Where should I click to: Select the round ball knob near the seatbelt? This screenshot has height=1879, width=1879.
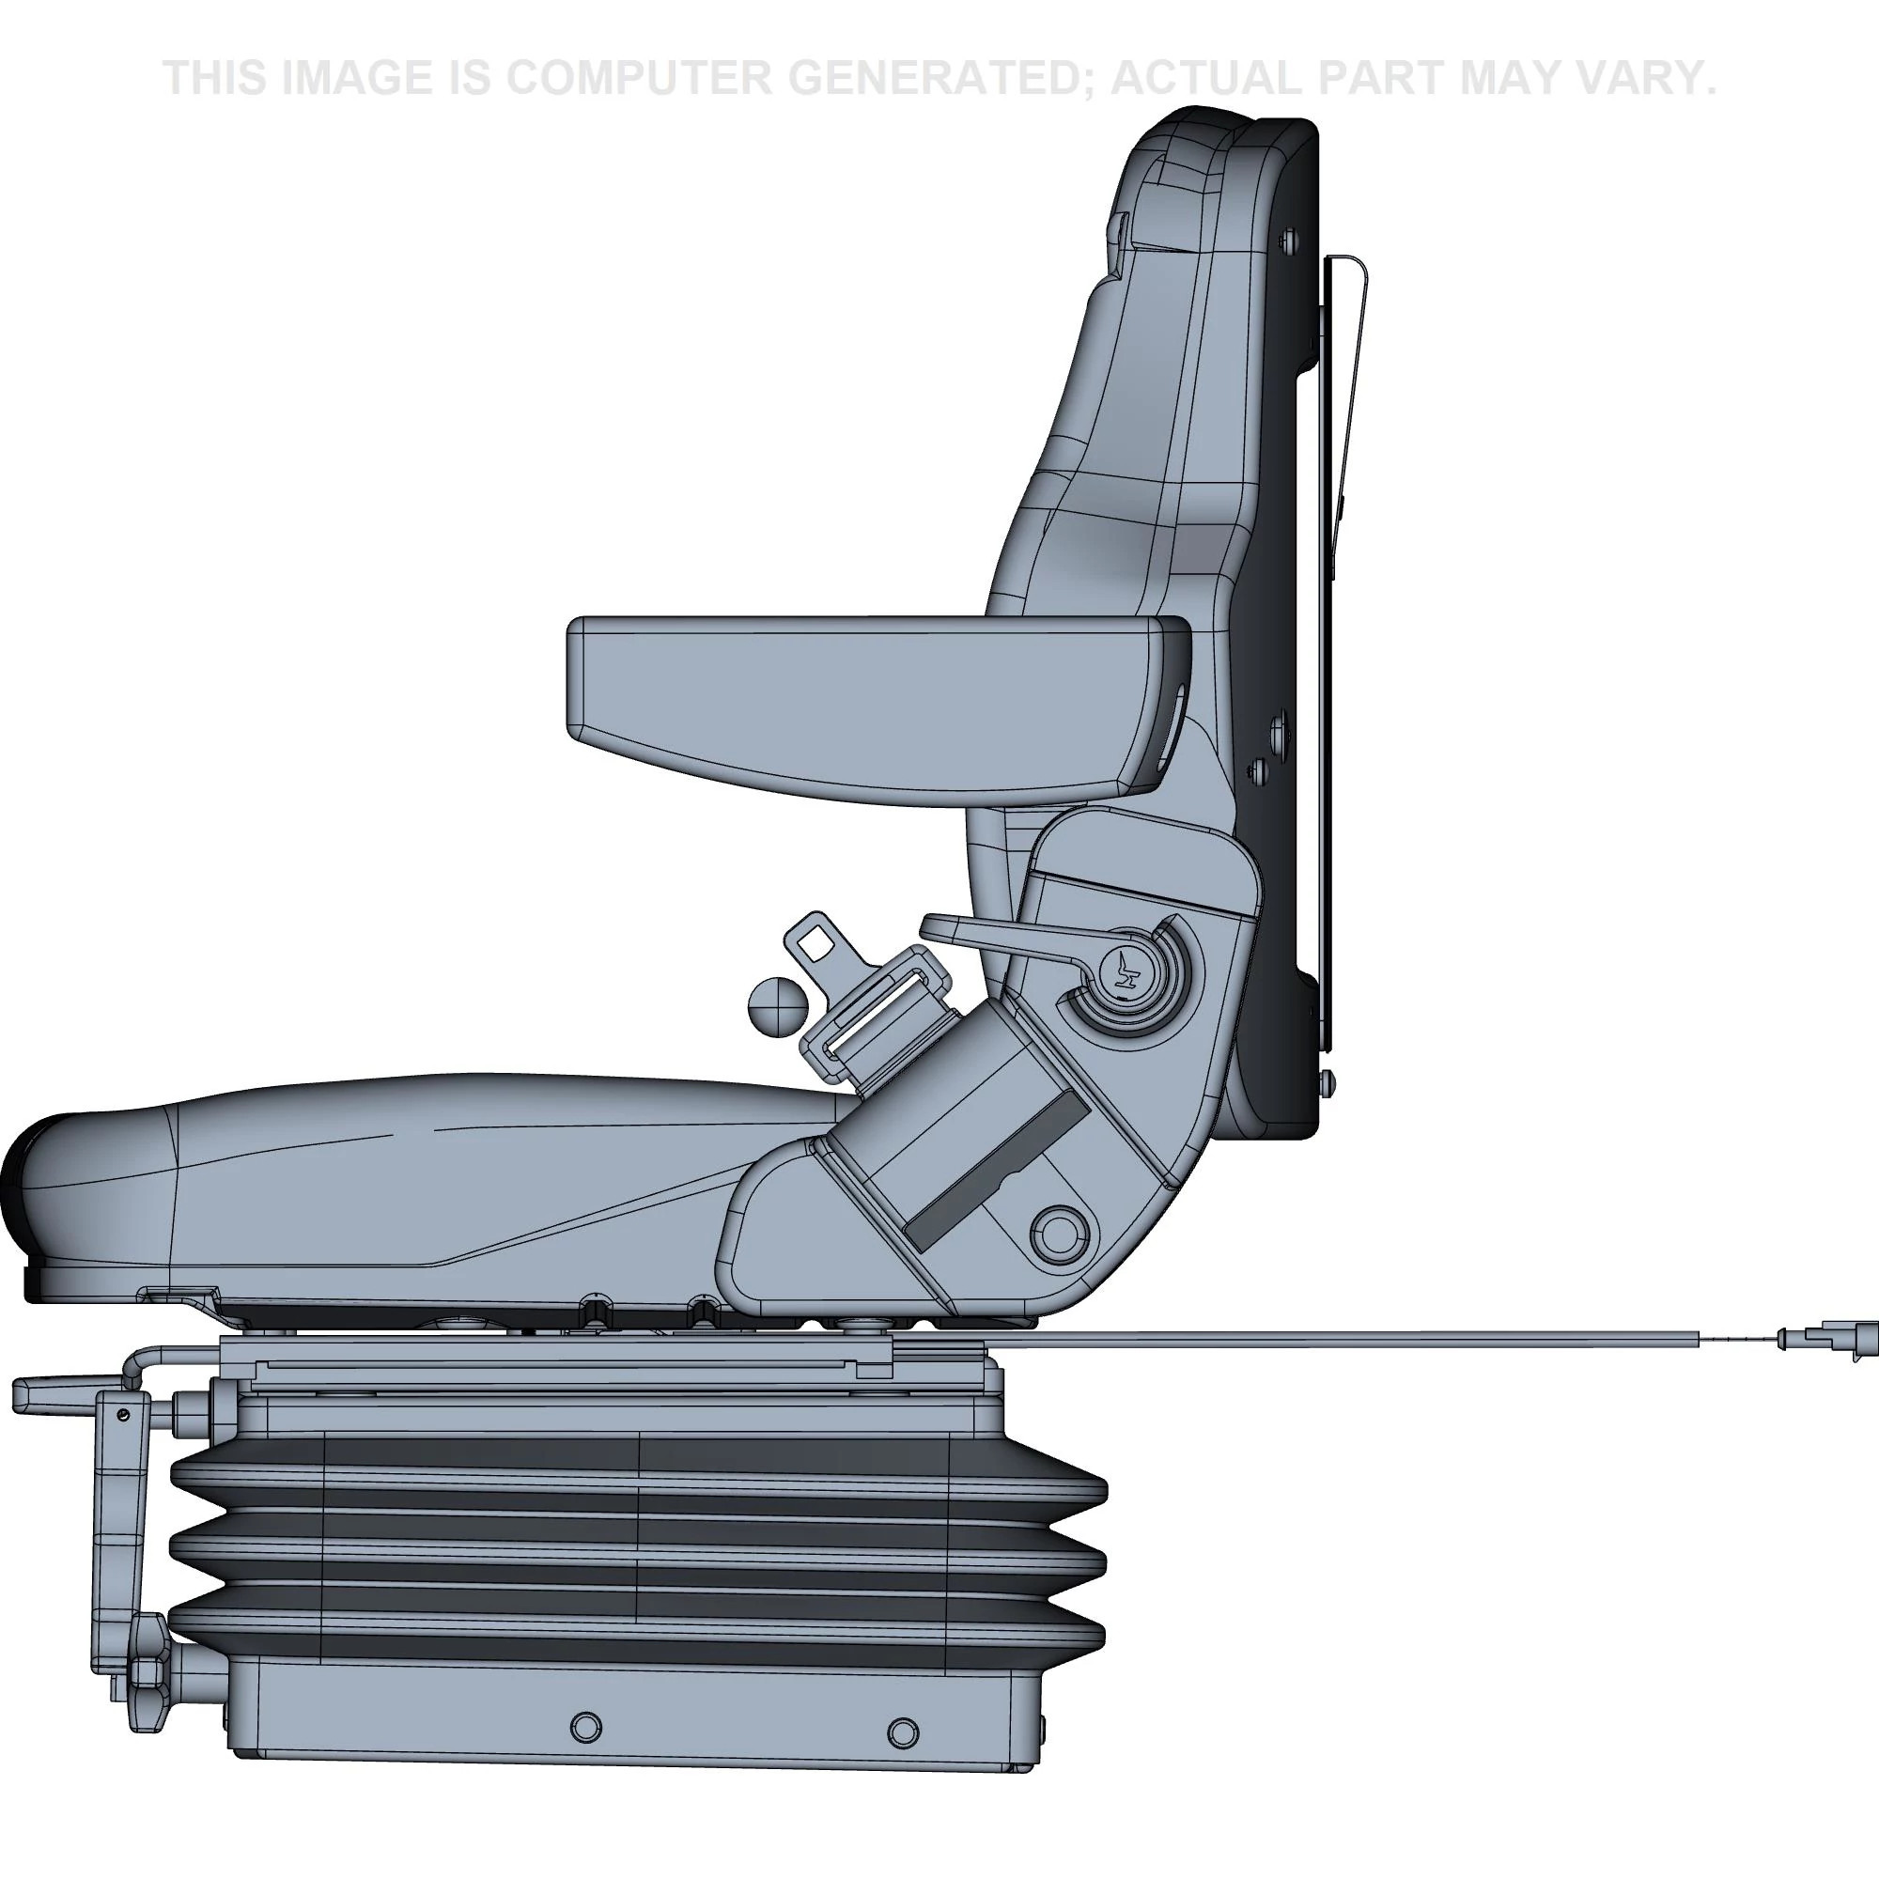777,1005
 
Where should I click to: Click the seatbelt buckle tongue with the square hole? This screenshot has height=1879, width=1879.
814,940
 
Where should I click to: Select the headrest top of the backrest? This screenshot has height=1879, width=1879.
1225,136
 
